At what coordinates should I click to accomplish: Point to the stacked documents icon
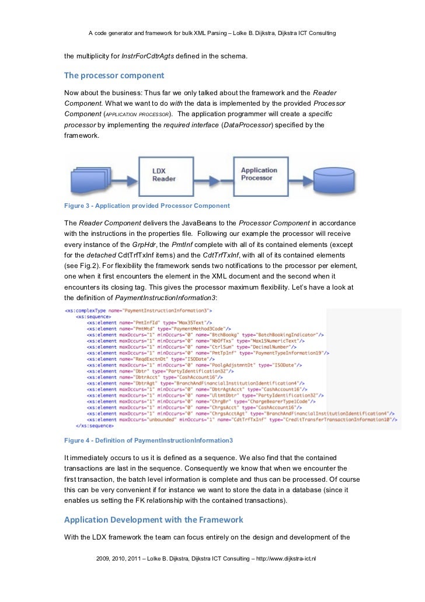(91, 176)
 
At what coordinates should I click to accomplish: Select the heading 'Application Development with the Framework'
(154, 520)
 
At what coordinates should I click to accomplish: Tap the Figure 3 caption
(147, 206)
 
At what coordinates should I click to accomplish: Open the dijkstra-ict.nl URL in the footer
(290, 558)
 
